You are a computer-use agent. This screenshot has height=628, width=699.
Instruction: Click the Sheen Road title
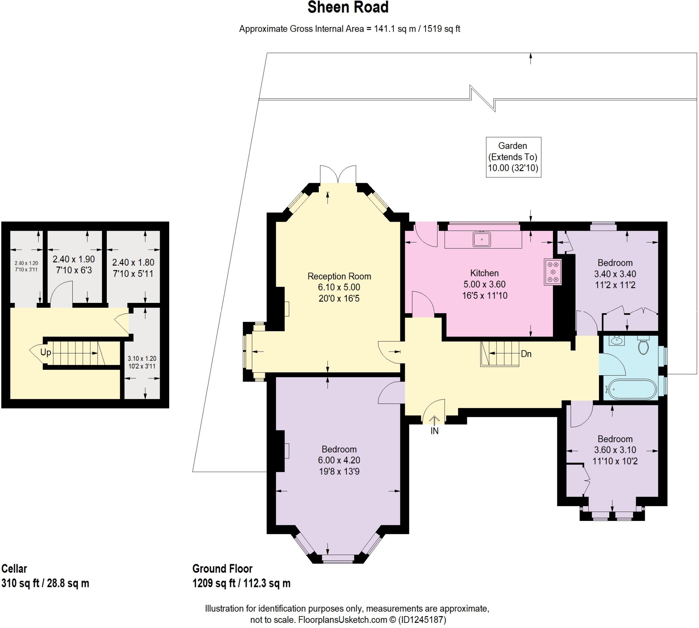pyautogui.click(x=348, y=8)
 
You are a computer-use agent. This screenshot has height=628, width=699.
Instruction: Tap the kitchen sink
pyautogui.click(x=482, y=239)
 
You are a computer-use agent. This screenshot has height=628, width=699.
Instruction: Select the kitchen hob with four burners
pyautogui.click(x=552, y=272)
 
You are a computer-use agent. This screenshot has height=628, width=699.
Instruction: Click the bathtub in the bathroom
pyautogui.click(x=631, y=389)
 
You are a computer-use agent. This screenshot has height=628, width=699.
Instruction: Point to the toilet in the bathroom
pyautogui.click(x=643, y=345)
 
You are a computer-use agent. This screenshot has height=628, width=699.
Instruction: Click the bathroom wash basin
pyautogui.click(x=617, y=341)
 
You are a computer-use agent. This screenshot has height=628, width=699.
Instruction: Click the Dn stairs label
pyautogui.click(x=526, y=354)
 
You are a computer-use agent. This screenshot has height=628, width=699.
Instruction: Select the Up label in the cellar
pyautogui.click(x=45, y=352)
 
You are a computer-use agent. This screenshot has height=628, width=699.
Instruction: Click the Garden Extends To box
pyautogui.click(x=513, y=157)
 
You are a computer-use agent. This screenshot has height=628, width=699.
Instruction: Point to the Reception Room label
pyautogui.click(x=339, y=276)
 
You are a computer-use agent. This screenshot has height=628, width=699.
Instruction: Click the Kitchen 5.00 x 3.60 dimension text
pyautogui.click(x=484, y=284)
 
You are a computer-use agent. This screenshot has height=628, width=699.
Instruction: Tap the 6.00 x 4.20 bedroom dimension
pyautogui.click(x=339, y=460)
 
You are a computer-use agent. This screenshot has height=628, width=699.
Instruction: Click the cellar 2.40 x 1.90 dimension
pyautogui.click(x=73, y=259)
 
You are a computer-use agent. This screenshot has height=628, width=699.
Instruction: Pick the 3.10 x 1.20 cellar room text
pyautogui.click(x=142, y=359)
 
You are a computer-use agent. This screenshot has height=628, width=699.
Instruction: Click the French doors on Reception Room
pyautogui.click(x=338, y=174)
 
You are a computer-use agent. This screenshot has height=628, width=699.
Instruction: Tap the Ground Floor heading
pyautogui.click(x=222, y=569)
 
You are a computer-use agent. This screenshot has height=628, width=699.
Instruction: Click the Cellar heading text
pyautogui.click(x=14, y=569)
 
